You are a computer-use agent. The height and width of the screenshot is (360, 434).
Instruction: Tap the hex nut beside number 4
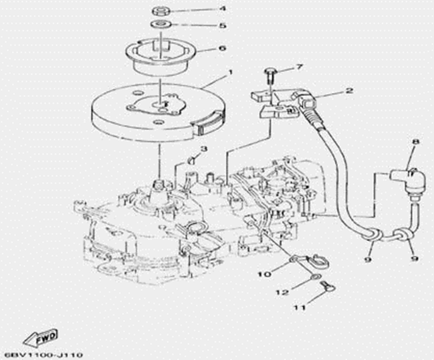[160, 11]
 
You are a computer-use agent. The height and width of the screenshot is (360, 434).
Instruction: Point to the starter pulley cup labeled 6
[160, 56]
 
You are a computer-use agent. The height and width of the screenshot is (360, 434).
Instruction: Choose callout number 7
[300, 67]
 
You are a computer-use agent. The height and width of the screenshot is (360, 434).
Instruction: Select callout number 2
[348, 90]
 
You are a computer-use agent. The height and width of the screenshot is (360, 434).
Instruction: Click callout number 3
[205, 149]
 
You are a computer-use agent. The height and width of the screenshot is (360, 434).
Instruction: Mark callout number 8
[415, 142]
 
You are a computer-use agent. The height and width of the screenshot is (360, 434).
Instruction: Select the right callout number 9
[415, 256]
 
